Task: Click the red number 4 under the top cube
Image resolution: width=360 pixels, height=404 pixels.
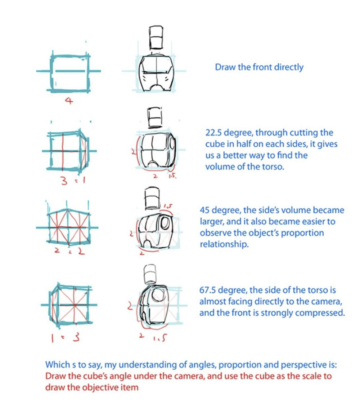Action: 69,101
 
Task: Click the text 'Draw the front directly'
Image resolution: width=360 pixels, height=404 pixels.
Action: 259,67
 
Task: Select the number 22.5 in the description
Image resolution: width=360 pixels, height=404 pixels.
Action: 215,133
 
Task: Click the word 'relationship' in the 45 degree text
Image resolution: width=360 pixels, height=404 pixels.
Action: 224,244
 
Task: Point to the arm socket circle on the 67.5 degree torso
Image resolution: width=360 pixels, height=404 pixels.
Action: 157,295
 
